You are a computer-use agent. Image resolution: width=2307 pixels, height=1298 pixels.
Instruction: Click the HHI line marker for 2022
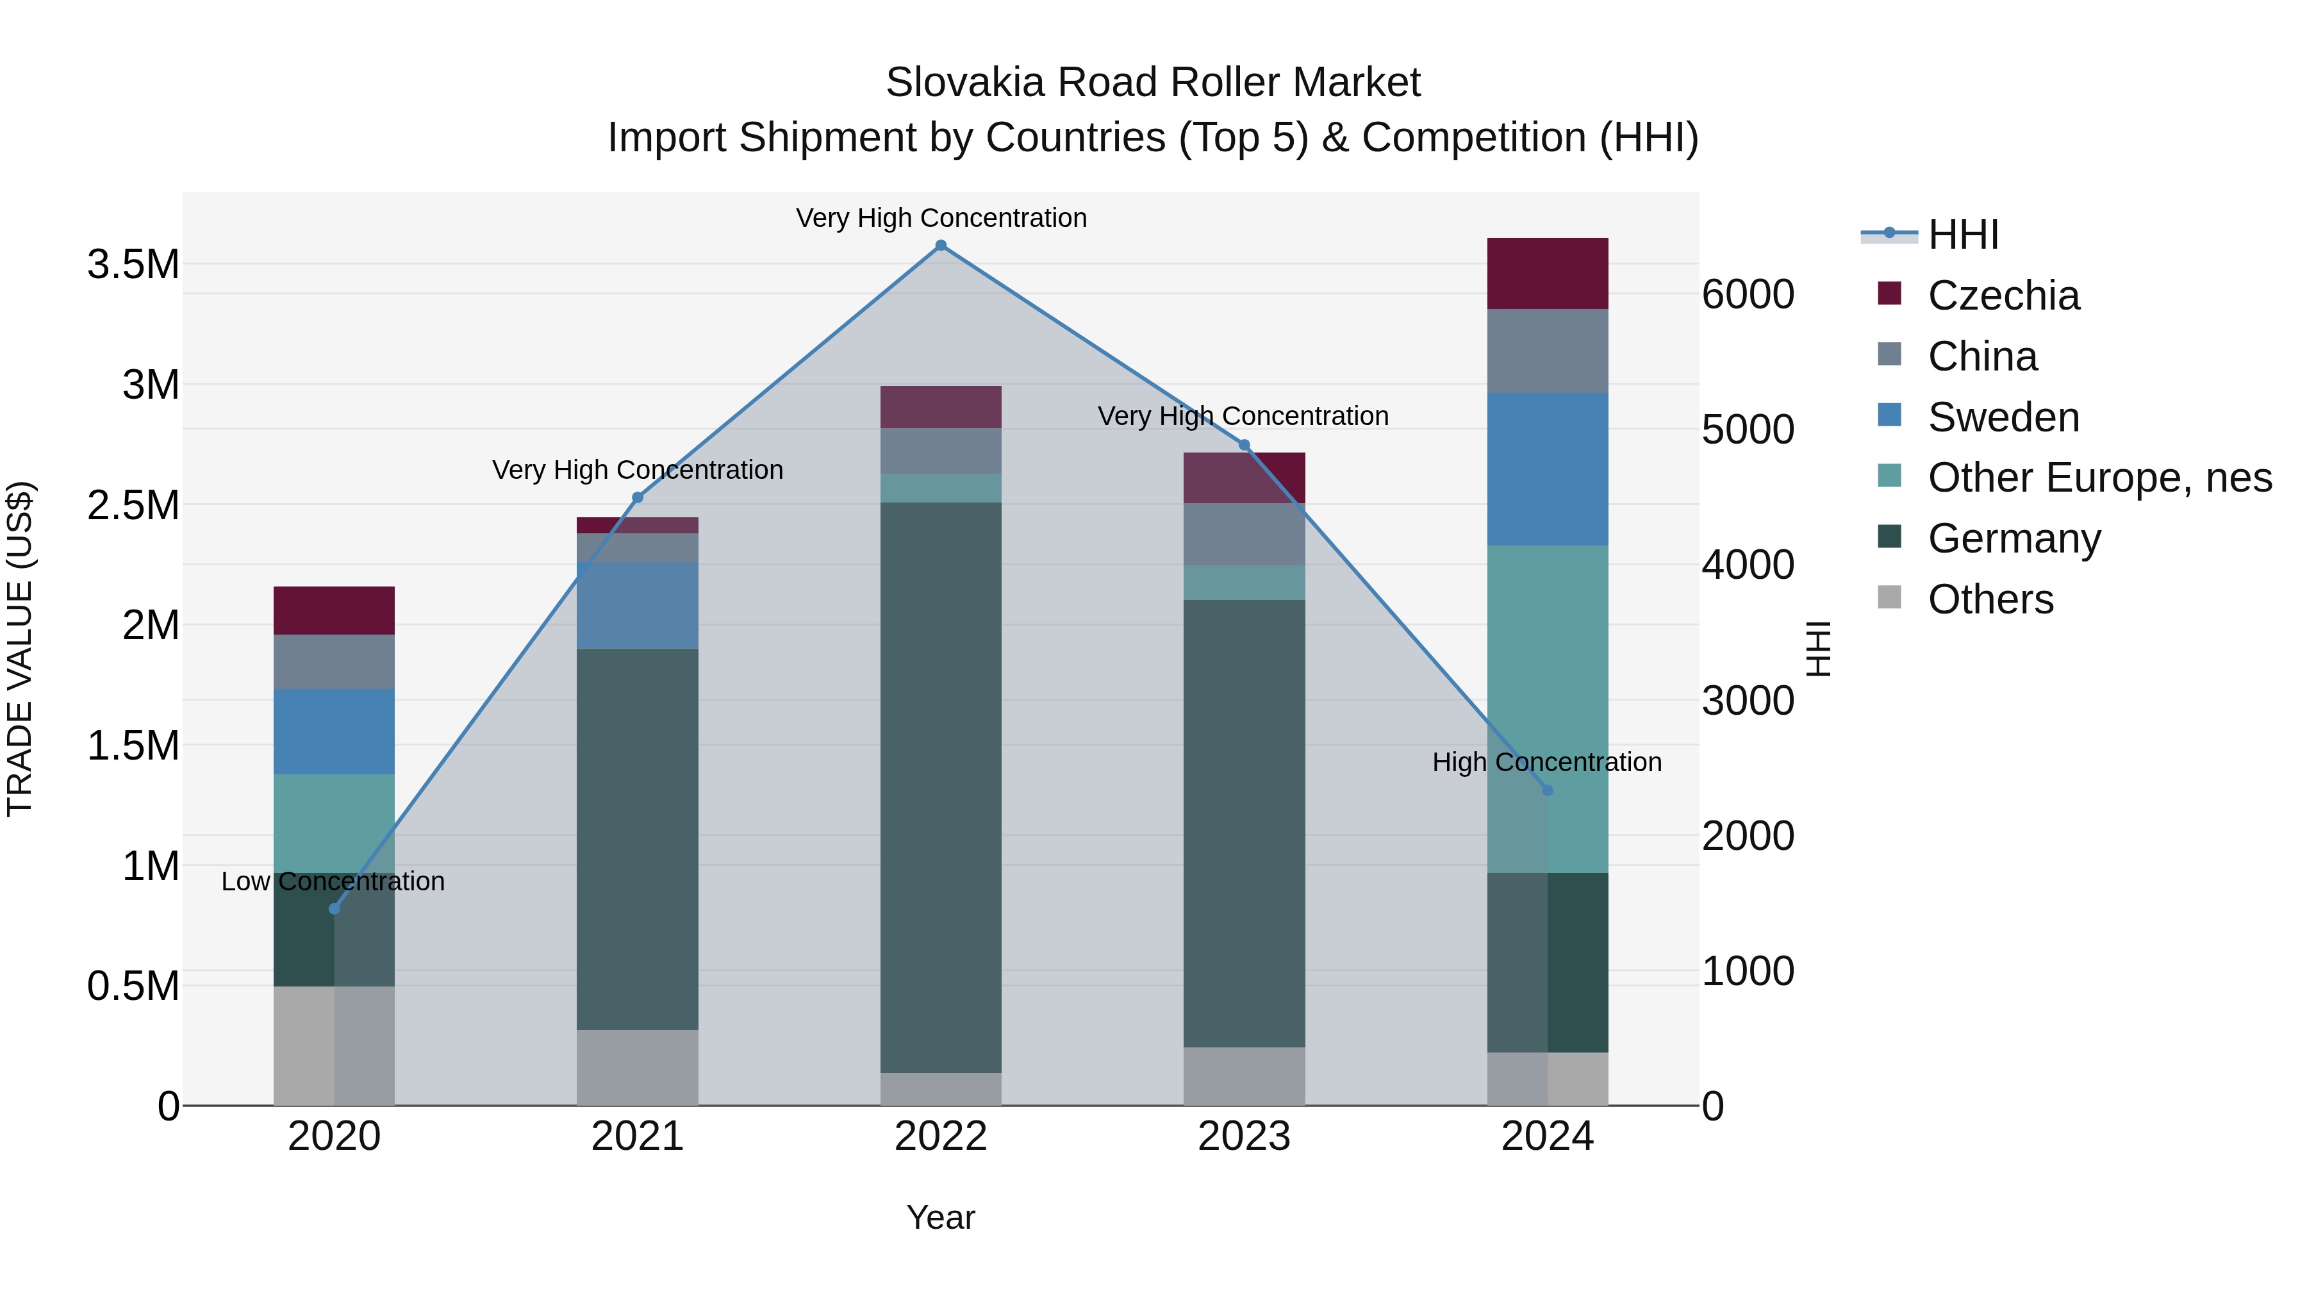pyautogui.click(x=940, y=245)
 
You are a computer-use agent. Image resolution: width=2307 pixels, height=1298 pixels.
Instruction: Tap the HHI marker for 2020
pyautogui.click(x=334, y=908)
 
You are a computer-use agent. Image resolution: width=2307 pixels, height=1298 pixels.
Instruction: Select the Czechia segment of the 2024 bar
pyautogui.click(x=1547, y=273)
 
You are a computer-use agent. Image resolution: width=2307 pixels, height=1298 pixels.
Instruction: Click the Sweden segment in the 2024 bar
pyautogui.click(x=1547, y=469)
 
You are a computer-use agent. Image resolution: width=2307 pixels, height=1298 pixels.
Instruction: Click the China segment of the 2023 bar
pyautogui.click(x=1244, y=534)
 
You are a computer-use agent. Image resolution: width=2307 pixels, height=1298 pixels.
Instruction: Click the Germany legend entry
pyautogui.click(x=2013, y=538)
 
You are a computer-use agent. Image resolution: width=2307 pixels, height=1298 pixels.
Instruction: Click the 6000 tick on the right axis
pyautogui.click(x=1748, y=295)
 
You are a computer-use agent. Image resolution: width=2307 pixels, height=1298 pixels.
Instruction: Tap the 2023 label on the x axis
pyautogui.click(x=1244, y=1136)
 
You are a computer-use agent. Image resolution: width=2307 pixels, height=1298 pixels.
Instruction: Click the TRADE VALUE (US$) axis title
pyautogui.click(x=20, y=649)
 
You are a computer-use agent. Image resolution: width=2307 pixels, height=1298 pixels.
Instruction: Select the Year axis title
pyautogui.click(x=940, y=1217)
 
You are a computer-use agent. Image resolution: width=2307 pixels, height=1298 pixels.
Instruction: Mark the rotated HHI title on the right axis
pyautogui.click(x=1817, y=649)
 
